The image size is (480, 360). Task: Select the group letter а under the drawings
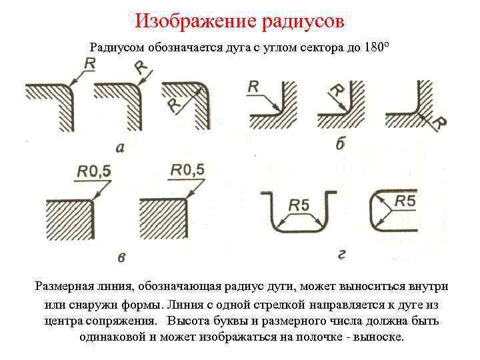pos(119,148)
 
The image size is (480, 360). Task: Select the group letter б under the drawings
pos(340,145)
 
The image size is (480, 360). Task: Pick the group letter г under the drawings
pos(341,254)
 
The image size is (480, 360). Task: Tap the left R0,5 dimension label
pos(93,172)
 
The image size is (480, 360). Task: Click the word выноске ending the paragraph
pos(379,336)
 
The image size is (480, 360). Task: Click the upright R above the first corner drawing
pos(90,64)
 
